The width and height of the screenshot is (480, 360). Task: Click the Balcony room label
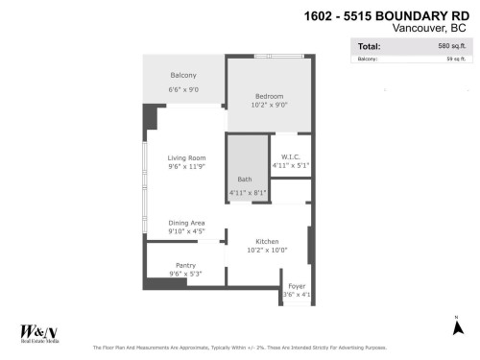(183, 76)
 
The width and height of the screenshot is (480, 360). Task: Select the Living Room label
(187, 157)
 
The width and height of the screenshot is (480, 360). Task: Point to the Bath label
(245, 180)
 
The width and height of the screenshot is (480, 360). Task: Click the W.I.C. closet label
(290, 156)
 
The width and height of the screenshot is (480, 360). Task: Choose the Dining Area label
(186, 222)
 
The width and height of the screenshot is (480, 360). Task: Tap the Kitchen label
(267, 241)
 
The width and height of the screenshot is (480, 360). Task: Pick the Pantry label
(185, 265)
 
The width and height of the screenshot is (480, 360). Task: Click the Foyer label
(297, 284)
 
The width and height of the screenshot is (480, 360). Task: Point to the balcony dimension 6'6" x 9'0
(183, 89)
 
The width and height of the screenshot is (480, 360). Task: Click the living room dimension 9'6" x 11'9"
(187, 167)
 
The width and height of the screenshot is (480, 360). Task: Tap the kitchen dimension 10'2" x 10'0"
(267, 251)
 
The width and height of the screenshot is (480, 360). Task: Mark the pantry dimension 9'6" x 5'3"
(185, 275)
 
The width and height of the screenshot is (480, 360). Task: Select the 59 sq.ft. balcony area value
(455, 60)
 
